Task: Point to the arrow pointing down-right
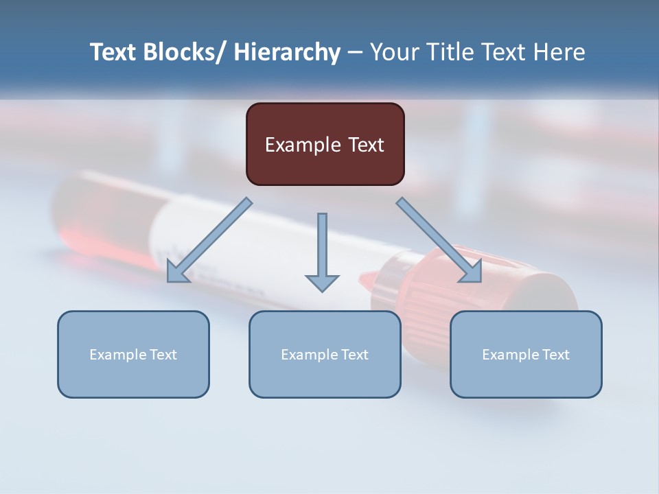[x=439, y=240]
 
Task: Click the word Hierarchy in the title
[x=287, y=52]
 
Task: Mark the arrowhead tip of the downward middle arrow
[x=322, y=290]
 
